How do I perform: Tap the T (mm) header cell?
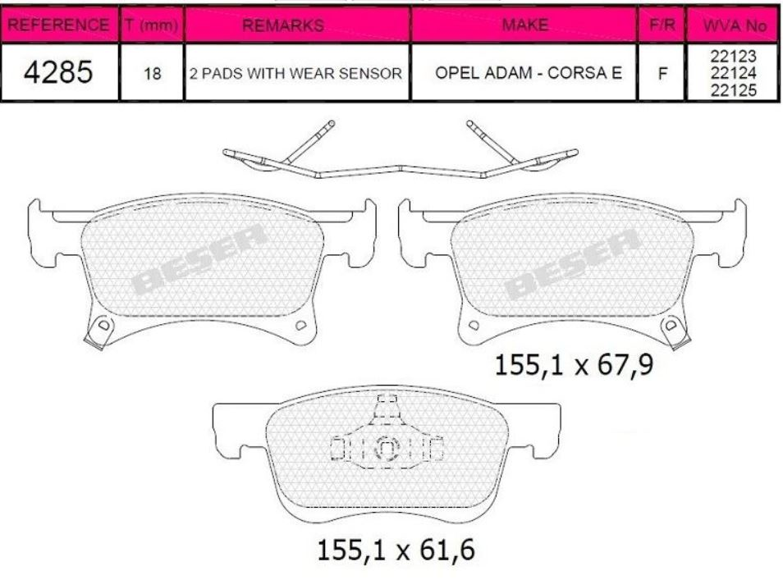pyautogui.click(x=152, y=25)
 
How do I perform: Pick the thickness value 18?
pyautogui.click(x=152, y=74)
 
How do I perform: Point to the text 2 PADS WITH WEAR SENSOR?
pyautogui.click(x=295, y=74)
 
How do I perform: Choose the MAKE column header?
pyautogui.click(x=525, y=25)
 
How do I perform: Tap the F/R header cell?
pyautogui.click(x=662, y=25)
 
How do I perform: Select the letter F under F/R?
pyautogui.click(x=662, y=74)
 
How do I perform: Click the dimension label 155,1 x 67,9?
pyautogui.click(x=574, y=364)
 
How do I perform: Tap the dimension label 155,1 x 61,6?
pyautogui.click(x=396, y=549)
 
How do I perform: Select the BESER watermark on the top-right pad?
pyautogui.click(x=572, y=263)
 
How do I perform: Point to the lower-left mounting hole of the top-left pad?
pyautogui.click(x=103, y=326)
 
